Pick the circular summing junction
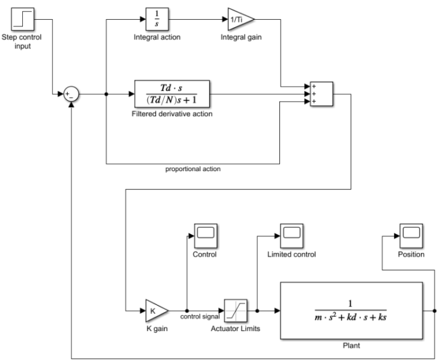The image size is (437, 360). pos(73,94)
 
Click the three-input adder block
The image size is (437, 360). pos(321,94)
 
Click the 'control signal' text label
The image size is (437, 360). pos(200,317)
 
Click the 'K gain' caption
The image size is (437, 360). pos(156,330)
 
